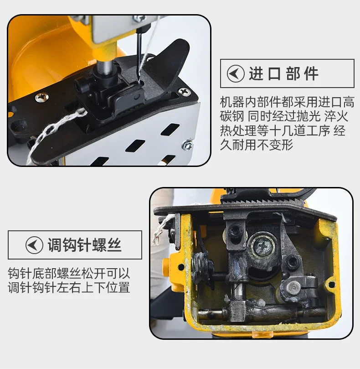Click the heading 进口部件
[x=283, y=73]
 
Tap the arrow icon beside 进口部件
[x=236, y=73]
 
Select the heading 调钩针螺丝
[x=84, y=245]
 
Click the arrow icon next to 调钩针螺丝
[x=34, y=245]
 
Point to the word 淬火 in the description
[x=336, y=116]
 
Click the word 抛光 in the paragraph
[x=308, y=116]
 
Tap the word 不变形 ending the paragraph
[x=275, y=145]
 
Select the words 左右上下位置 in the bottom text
[x=93, y=287]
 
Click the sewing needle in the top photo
[x=140, y=57]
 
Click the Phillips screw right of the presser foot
[x=184, y=91]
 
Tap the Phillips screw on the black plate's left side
[x=42, y=97]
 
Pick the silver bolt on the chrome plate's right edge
[x=187, y=145]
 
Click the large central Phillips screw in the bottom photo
[x=263, y=246]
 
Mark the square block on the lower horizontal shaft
[x=238, y=311]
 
